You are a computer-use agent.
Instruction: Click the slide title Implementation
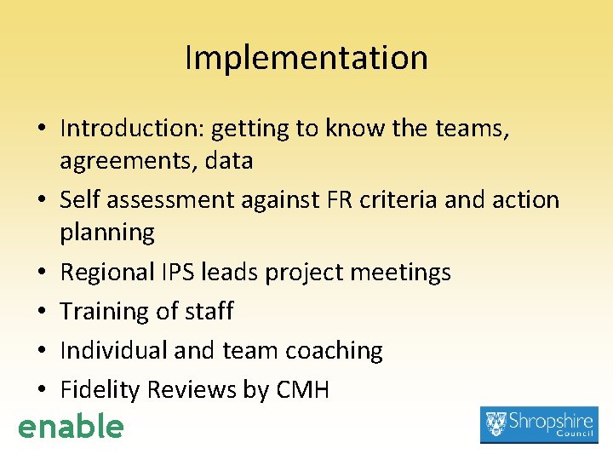point(306,58)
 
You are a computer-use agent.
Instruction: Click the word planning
point(107,233)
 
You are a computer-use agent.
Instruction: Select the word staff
point(207,311)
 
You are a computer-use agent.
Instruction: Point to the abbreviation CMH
point(303,390)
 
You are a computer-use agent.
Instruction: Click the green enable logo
point(71,426)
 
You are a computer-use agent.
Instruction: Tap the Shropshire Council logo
point(539,424)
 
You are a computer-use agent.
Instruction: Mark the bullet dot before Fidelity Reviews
point(41,391)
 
